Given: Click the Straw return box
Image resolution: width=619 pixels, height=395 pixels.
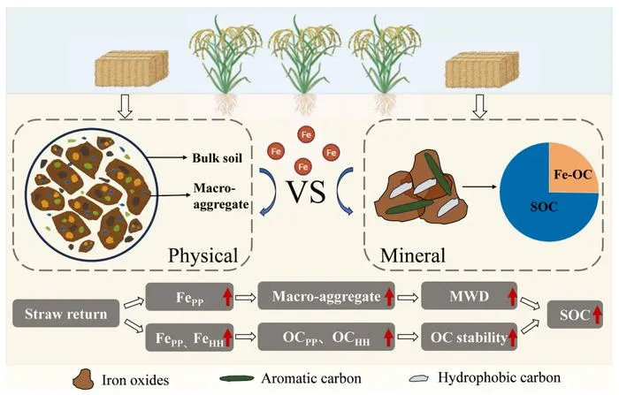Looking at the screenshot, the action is tap(66, 314).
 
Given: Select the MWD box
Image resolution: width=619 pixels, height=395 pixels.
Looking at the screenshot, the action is tap(470, 296).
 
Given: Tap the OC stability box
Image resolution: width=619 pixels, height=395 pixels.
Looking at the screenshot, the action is tap(470, 337).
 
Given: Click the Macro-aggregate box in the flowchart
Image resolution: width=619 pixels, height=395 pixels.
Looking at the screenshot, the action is tap(326, 296).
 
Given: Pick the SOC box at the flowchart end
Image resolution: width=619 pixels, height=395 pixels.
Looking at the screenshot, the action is tap(575, 315).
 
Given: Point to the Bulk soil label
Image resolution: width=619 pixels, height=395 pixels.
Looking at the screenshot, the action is tap(218, 158).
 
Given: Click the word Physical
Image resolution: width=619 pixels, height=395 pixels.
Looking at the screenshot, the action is tap(203, 255).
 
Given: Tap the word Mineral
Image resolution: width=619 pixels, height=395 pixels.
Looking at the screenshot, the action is tap(413, 255).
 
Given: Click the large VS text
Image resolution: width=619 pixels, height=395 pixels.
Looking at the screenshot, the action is tap(306, 192).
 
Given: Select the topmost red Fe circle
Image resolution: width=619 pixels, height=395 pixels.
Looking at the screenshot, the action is tap(306, 134).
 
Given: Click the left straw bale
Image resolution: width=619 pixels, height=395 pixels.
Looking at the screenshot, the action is tap(132, 68).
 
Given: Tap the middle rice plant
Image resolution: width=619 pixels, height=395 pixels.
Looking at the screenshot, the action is tap(305, 65).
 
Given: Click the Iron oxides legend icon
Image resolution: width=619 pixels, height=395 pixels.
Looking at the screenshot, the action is tap(83, 379).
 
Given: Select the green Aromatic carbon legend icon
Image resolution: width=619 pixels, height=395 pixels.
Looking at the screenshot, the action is tap(237, 378).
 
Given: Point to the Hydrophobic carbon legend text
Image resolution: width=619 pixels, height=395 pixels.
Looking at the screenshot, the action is tap(499, 377).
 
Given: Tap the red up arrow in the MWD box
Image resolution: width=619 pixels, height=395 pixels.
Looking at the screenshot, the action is tap(512, 297).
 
